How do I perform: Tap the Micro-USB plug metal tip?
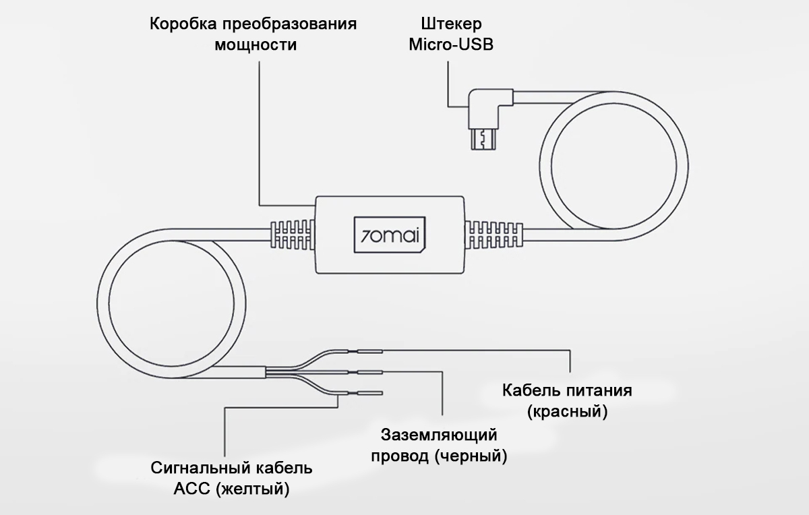click(483, 141)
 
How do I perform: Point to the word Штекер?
click(451, 24)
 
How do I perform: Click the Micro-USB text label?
click(451, 45)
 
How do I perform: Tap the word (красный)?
click(568, 411)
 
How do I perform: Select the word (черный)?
click(471, 456)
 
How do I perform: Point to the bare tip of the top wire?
click(369, 351)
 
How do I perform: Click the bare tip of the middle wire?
click(369, 372)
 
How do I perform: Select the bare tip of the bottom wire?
click(369, 394)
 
